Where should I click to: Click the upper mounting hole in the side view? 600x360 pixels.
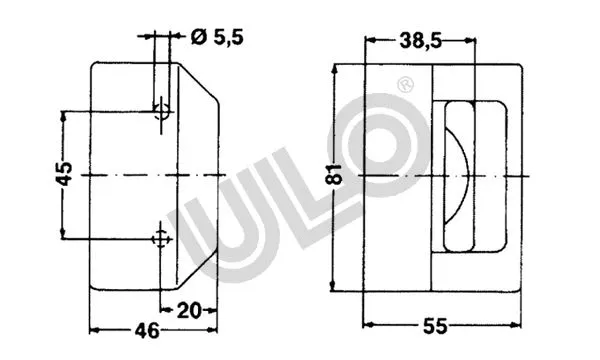tap(159, 110)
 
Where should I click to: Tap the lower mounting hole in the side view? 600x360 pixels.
tap(159, 237)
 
